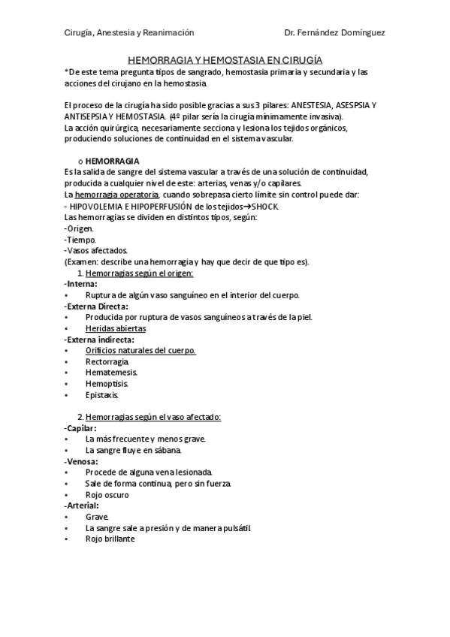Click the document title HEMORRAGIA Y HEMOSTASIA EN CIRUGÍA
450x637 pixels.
point(225,59)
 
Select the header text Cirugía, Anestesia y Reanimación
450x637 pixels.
point(128,33)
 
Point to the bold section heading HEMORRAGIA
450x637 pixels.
point(112,162)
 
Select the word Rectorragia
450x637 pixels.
point(107,361)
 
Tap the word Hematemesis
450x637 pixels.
point(110,373)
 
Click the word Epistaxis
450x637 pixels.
point(102,395)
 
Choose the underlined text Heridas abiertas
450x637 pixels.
point(116,328)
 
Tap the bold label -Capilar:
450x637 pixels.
point(80,427)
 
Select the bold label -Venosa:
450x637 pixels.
point(81,461)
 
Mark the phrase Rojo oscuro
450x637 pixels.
point(107,494)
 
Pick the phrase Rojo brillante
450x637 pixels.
point(110,539)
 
